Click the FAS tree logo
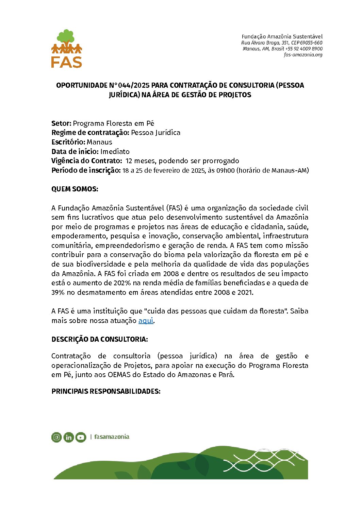coord(67,48)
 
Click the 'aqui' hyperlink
coord(146,320)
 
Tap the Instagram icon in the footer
coord(56,437)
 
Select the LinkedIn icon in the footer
coord(68,437)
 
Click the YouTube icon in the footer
coord(81,437)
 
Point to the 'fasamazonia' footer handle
coord(112,437)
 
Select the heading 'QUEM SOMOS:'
coord(75,189)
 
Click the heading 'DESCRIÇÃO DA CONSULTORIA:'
coord(99,339)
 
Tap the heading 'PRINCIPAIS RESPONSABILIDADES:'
coord(106,391)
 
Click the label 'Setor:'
coord(61,123)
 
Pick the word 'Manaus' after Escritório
coord(99,142)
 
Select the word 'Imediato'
coord(115,152)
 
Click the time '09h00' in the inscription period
coord(225,170)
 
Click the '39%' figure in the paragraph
coord(58,292)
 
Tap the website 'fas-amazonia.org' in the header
coord(303,55)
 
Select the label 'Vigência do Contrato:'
coord(86,161)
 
